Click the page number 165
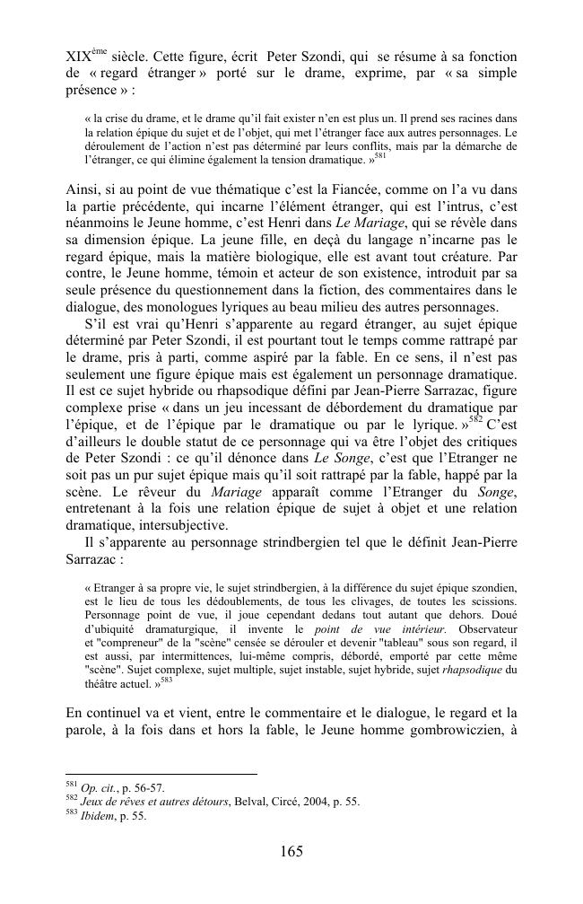tap(291, 850)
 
